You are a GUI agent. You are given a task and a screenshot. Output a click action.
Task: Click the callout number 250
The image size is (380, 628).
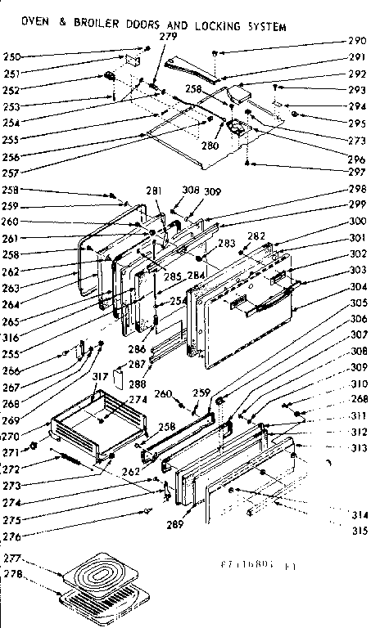point(13,56)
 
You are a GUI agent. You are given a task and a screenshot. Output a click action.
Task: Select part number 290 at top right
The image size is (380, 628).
point(357,41)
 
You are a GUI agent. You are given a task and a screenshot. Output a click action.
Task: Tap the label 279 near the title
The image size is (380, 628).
point(167,38)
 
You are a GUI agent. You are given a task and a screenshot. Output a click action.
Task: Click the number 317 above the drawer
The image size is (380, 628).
point(101,376)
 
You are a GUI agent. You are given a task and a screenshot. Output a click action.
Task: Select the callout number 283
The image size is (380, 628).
point(226,243)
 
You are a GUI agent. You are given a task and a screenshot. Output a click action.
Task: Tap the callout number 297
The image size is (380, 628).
point(357,173)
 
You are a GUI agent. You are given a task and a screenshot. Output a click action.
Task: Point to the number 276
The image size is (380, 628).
point(13,536)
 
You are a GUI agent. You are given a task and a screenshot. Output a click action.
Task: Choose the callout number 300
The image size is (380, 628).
point(357,221)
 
